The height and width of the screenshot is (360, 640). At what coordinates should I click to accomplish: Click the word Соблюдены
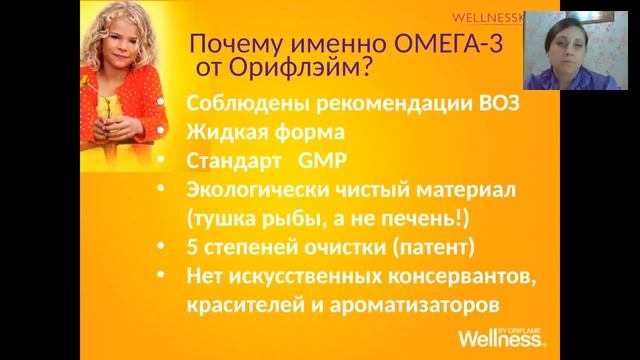pos(238,104)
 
